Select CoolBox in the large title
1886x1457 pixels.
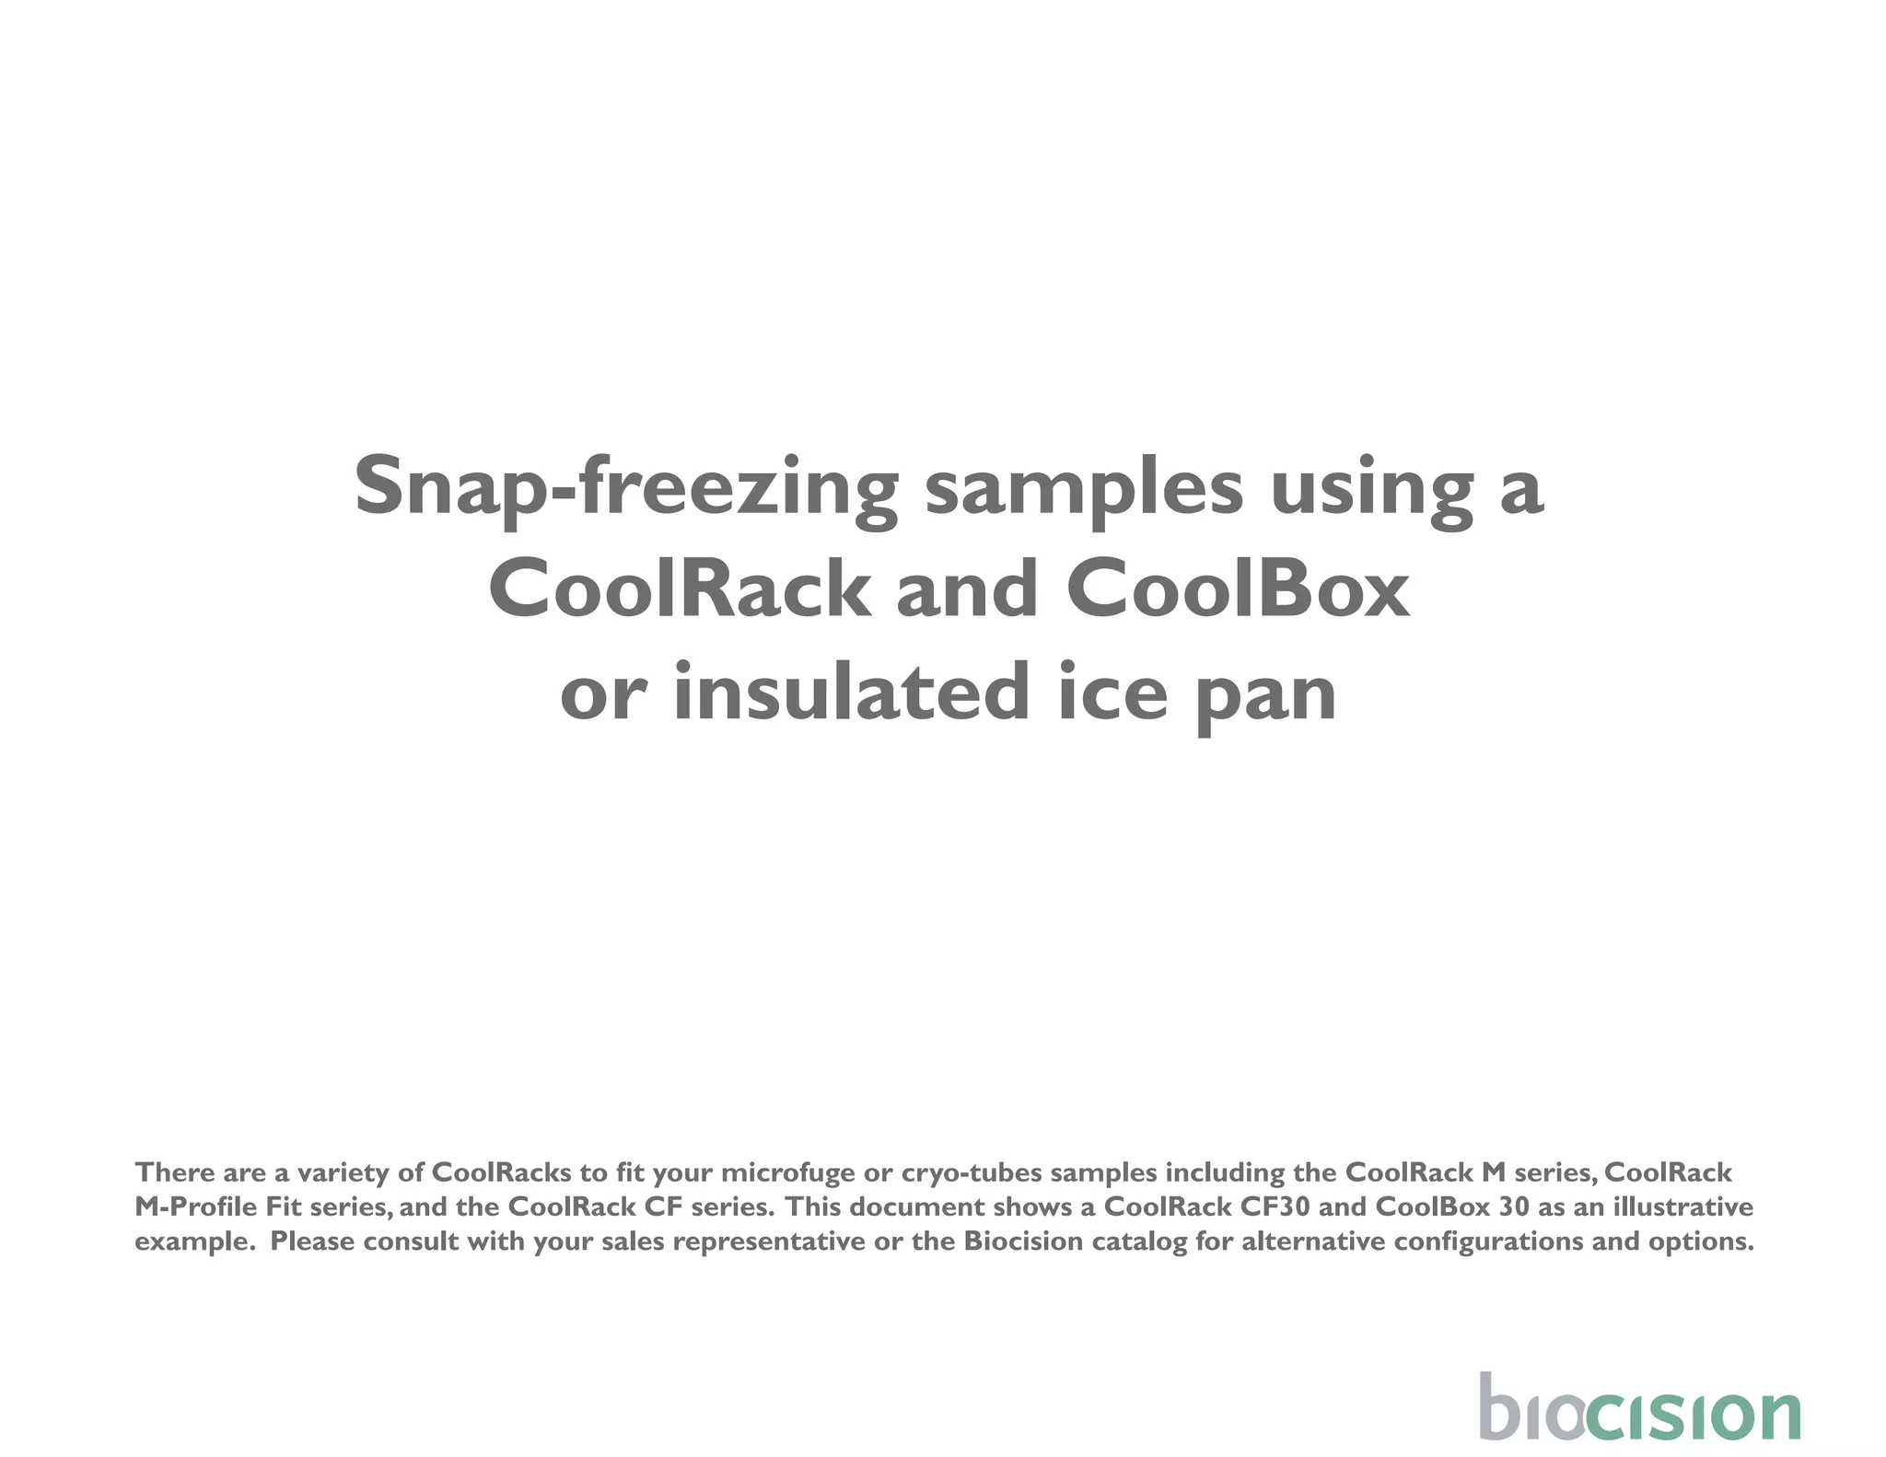coord(1238,590)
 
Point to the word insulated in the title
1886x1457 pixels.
coord(851,693)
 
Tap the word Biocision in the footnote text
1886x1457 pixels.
coord(1023,1241)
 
